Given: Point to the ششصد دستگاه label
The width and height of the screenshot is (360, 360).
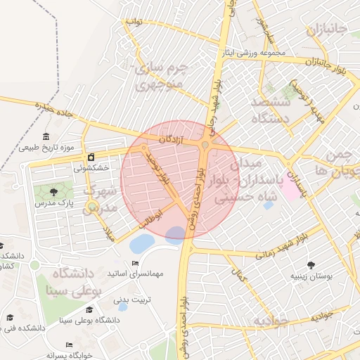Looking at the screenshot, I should click(x=270, y=110).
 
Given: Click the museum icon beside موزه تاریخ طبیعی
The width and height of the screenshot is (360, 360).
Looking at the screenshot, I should click(x=46, y=136).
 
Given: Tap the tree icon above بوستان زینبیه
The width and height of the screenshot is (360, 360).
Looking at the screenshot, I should click(x=311, y=265).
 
